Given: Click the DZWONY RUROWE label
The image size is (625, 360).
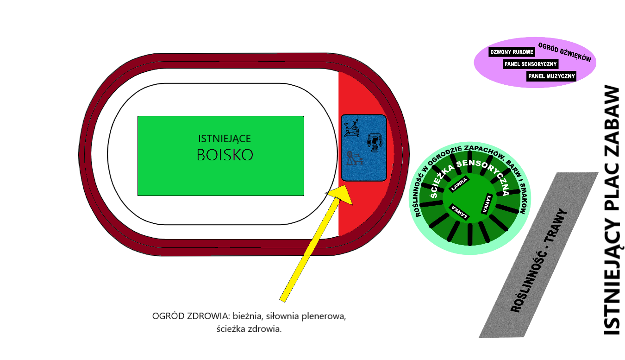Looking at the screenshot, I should point(512,52).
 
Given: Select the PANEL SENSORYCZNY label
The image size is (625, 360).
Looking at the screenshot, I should point(531,64).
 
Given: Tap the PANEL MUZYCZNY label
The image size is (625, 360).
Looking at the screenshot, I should point(551,76).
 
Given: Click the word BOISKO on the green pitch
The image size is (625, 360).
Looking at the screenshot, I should point(225,155).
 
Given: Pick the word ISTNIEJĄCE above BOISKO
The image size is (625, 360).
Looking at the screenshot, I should point(225,138).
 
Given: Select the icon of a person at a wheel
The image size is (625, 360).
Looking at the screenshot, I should point(354,158).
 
